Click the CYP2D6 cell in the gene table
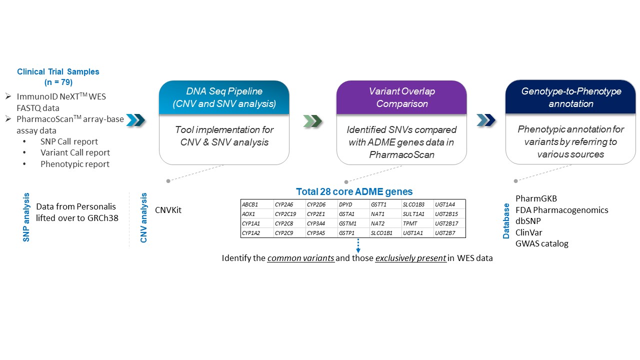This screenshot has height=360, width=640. tap(316, 204)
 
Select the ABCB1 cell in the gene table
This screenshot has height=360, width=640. tap(249, 204)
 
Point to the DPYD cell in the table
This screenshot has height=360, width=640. tap(346, 204)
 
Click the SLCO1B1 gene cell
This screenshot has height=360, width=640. tap(381, 233)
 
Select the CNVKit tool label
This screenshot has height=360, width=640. tap(168, 210)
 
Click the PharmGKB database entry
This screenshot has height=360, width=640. tap(536, 199)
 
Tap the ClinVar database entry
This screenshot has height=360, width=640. tap(529, 232)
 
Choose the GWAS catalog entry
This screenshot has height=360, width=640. tap(542, 243)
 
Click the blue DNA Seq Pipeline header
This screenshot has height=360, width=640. tap(224, 97)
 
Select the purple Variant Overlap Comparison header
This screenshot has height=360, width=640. tap(401, 97)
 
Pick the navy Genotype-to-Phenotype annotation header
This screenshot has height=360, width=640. tap(570, 97)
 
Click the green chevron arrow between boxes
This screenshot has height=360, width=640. tap(312, 120)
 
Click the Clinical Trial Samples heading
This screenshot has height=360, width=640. tap(58, 71)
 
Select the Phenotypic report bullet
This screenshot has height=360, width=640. tap(75, 163)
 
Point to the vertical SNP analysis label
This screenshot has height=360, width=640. tap(26, 217)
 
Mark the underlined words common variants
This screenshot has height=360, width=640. tap(301, 259)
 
